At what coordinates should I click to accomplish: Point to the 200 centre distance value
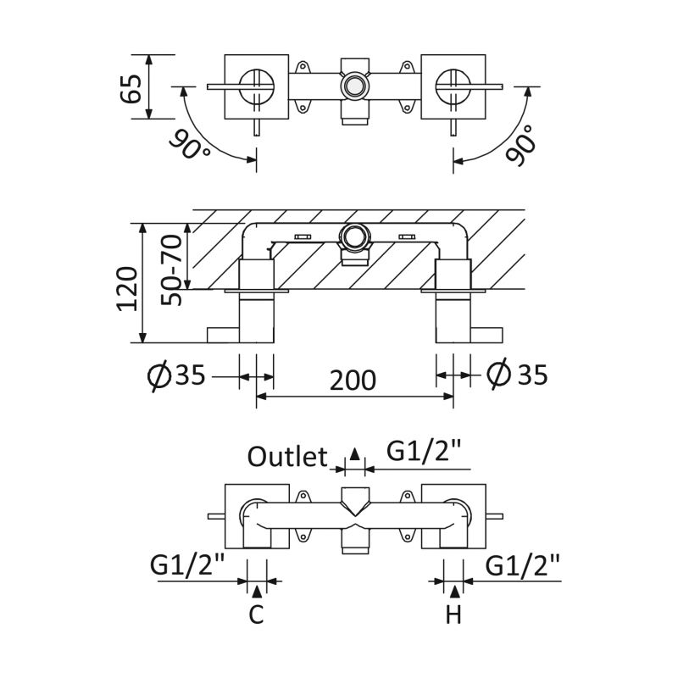pyautogui.click(x=353, y=380)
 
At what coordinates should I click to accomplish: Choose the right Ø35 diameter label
pyautogui.click(x=519, y=374)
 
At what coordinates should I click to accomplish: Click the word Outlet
pyautogui.click(x=287, y=458)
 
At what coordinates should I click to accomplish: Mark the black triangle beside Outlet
pyautogui.click(x=355, y=453)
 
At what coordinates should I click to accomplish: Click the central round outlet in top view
pyautogui.click(x=353, y=86)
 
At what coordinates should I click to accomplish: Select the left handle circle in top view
pyautogui.click(x=255, y=86)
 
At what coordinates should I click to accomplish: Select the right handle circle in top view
pyautogui.click(x=452, y=86)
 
